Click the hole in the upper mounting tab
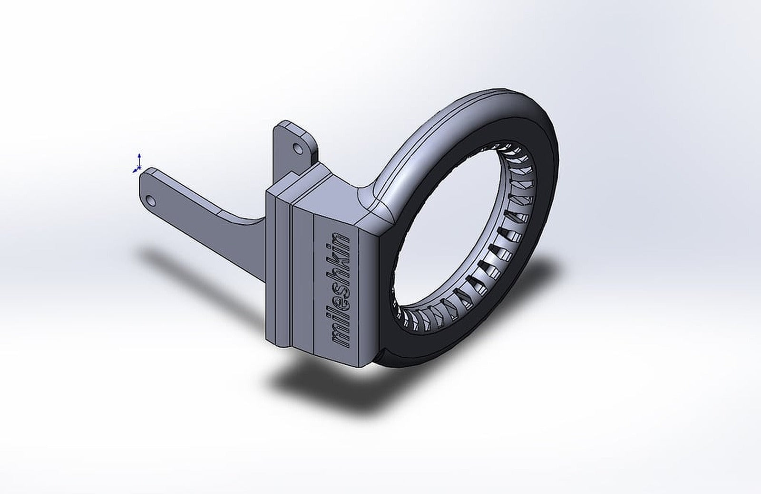pos(299,149)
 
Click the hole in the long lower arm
pos(151,200)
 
